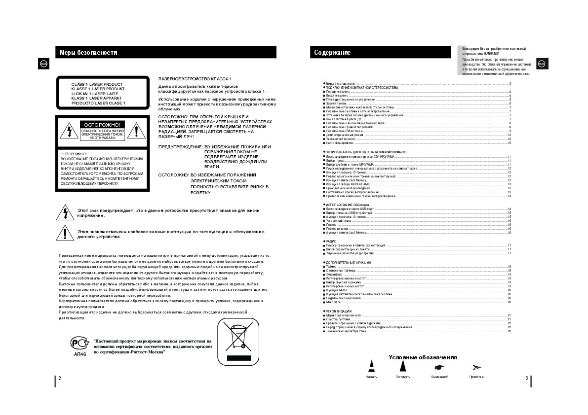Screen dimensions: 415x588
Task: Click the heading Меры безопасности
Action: [88, 52]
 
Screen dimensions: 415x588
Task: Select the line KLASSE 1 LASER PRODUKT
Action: [98, 89]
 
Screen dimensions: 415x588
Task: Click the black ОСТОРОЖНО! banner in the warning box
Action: [103, 125]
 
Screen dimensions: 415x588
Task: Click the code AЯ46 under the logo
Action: [79, 354]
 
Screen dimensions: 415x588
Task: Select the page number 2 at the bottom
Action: [60, 378]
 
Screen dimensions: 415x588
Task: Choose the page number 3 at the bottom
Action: [527, 378]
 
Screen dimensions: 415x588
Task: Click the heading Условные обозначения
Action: [422, 357]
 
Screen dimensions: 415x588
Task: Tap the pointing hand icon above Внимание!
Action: [438, 367]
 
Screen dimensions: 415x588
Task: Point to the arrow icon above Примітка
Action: [476, 367]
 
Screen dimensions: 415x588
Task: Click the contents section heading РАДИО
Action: [331, 241]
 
